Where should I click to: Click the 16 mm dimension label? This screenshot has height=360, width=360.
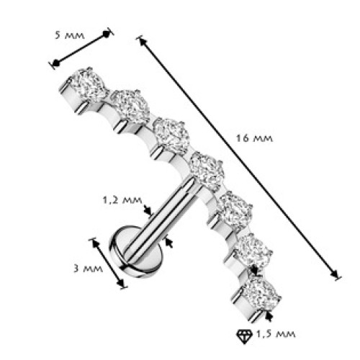pyautogui.click(x=254, y=138)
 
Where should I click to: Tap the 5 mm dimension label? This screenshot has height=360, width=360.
pyautogui.click(x=70, y=35)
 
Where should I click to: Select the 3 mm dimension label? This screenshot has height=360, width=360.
pyautogui.click(x=88, y=269)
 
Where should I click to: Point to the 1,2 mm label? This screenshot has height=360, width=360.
pyautogui.click(x=122, y=200)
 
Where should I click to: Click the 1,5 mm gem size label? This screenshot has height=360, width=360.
pyautogui.click(x=276, y=334)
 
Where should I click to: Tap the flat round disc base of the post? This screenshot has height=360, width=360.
pyautogui.click(x=135, y=251)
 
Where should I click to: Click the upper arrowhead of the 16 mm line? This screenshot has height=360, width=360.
pyautogui.click(x=143, y=42)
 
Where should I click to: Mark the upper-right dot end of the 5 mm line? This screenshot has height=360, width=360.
pyautogui.click(x=106, y=34)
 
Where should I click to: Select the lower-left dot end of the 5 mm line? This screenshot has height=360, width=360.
pyautogui.click(x=56, y=63)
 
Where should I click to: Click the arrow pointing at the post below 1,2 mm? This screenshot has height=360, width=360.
pyautogui.click(x=148, y=210)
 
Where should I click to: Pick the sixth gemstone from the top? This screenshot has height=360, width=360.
pyautogui.click(x=253, y=251)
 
